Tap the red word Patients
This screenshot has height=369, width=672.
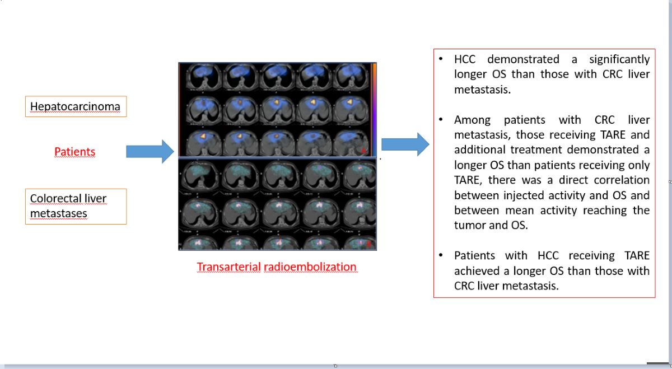74,152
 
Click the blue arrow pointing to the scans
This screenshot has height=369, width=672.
150,151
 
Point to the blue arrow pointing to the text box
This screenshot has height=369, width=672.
405,144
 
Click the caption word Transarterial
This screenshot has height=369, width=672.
228,267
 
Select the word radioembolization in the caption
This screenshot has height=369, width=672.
310,267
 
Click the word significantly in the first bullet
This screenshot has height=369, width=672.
619,59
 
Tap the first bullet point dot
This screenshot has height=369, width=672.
441,59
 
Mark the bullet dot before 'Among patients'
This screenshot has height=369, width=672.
441,119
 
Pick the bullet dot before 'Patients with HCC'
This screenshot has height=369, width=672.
441,255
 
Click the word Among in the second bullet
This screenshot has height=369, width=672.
473,120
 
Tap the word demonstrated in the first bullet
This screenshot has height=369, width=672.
523,59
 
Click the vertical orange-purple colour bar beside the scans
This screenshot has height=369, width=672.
374,110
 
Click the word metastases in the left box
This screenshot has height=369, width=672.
58,213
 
